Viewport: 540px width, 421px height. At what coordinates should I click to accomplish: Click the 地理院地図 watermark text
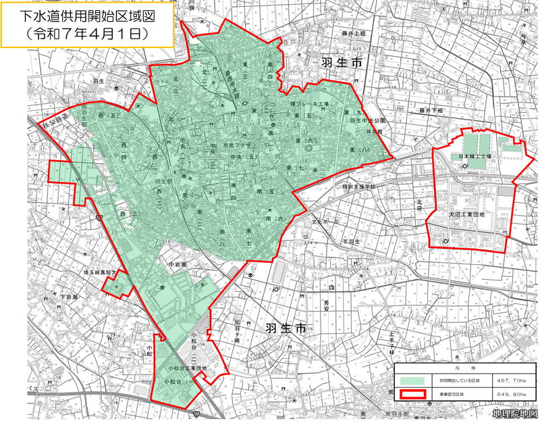515,412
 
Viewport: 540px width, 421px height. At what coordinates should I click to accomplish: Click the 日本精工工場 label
474,156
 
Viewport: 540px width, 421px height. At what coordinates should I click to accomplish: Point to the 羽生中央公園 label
368,122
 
